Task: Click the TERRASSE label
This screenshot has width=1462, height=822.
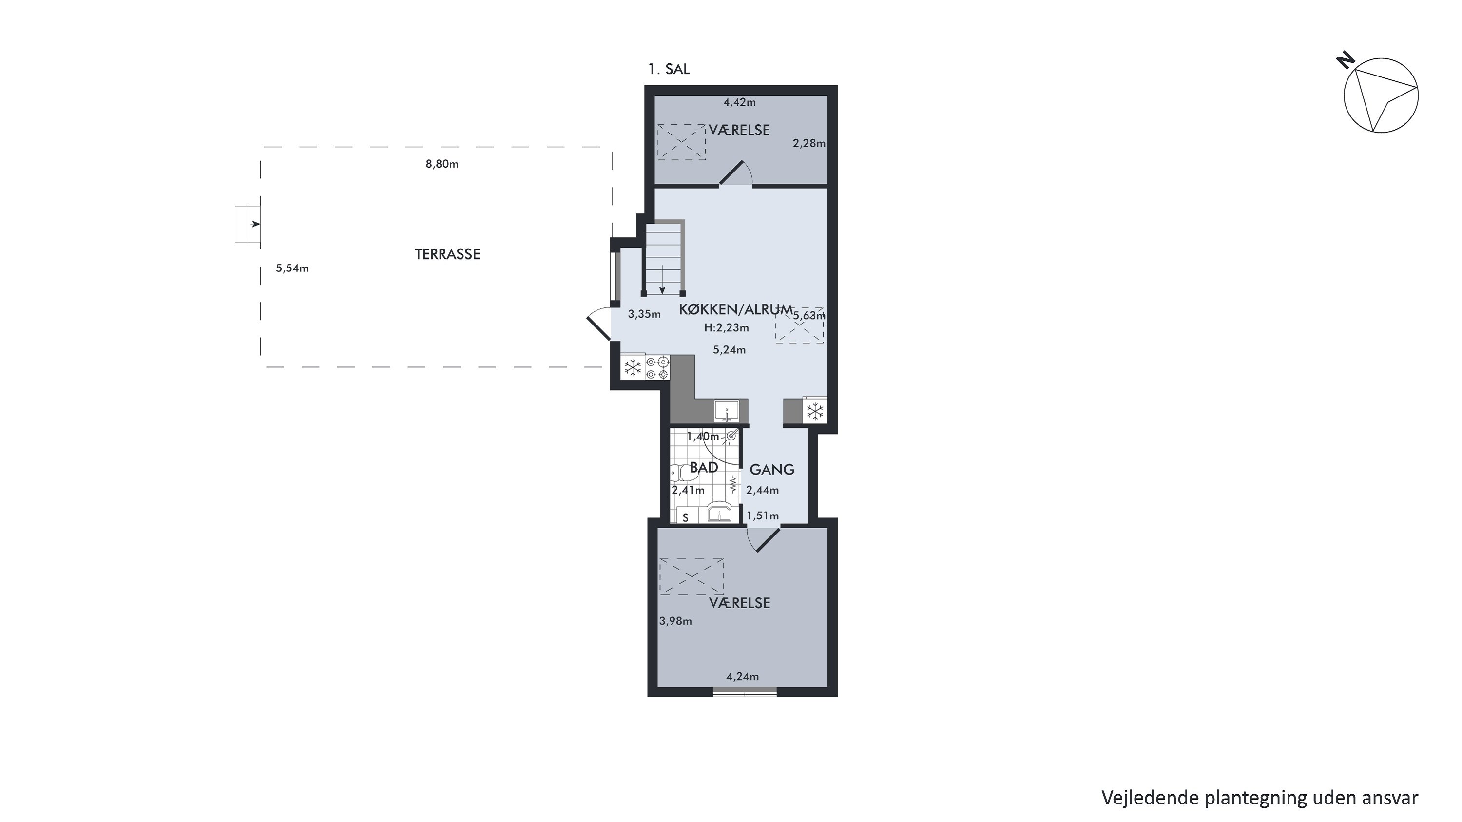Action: pyautogui.click(x=447, y=254)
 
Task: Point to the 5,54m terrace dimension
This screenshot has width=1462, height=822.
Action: pyautogui.click(x=292, y=268)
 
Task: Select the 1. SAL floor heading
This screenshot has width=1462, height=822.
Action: pyautogui.click(x=669, y=69)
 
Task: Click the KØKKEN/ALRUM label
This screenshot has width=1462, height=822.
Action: pyautogui.click(x=735, y=309)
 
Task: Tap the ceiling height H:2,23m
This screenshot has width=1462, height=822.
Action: pyautogui.click(x=727, y=328)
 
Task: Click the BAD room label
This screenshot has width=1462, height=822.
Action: pyautogui.click(x=704, y=467)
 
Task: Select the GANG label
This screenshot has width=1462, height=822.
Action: pyautogui.click(x=772, y=470)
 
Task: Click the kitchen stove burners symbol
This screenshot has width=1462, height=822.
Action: pyautogui.click(x=657, y=367)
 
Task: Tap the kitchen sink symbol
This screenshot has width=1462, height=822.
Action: pyautogui.click(x=727, y=411)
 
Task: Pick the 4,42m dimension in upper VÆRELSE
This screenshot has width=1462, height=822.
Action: pyautogui.click(x=739, y=103)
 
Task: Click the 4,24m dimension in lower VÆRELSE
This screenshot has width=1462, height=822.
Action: pyautogui.click(x=742, y=677)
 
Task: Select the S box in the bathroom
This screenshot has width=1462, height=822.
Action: pyautogui.click(x=685, y=517)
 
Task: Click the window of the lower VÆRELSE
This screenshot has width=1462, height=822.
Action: pyautogui.click(x=745, y=691)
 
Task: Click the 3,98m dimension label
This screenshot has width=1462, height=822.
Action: pyautogui.click(x=675, y=621)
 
